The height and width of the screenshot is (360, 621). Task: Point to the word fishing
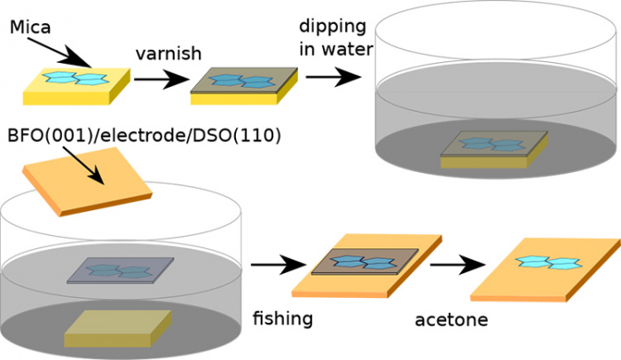pyautogui.click(x=283, y=315)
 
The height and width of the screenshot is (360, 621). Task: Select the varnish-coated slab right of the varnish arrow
pyautogui.click(x=245, y=85)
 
